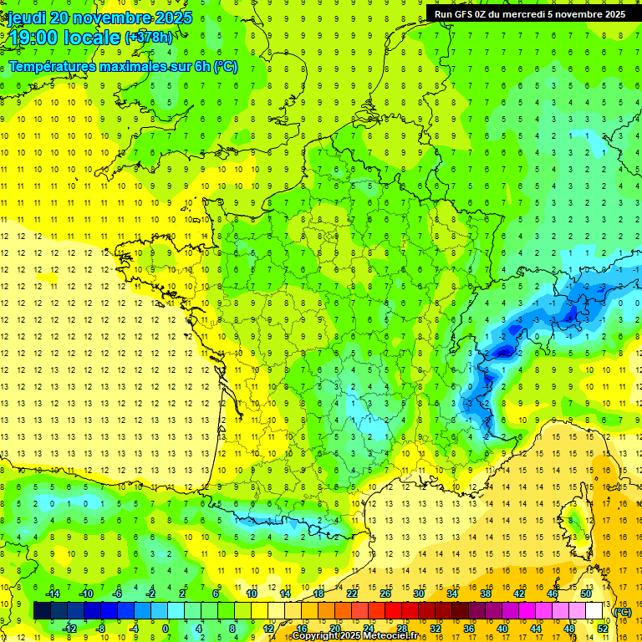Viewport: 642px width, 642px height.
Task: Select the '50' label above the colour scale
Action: pyautogui.click(x=585, y=593)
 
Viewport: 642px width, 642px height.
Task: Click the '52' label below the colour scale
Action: pyautogui.click(x=602, y=629)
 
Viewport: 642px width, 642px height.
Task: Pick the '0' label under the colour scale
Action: pyautogui.click(x=166, y=629)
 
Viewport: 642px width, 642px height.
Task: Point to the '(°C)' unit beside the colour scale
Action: pyautogui.click(x=623, y=611)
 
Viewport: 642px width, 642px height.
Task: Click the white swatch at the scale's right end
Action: pyautogui.click(x=594, y=611)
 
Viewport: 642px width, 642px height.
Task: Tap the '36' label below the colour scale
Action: pyautogui.click(x=468, y=629)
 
